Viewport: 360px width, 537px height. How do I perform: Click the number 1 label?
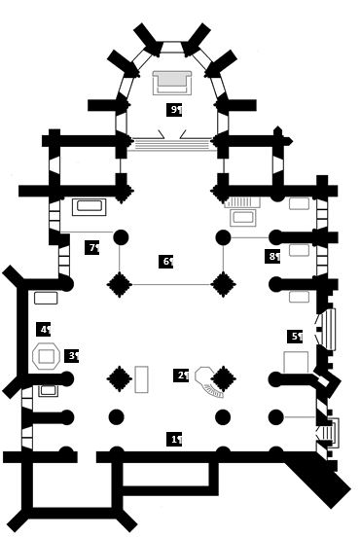point(175,440)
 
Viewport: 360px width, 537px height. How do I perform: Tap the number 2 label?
point(182,376)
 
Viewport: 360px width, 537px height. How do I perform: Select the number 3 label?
point(72,356)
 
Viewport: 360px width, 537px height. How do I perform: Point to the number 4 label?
point(44,330)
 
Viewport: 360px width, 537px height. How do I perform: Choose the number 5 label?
point(296,337)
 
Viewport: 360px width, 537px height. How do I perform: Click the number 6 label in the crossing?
point(166,261)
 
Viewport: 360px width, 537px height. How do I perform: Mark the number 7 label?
point(92,247)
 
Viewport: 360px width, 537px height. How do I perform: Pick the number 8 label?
point(272,257)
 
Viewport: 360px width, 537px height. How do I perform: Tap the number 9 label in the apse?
point(175,109)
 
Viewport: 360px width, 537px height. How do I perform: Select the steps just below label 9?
point(171,144)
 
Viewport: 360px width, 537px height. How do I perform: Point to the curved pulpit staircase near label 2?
point(208,384)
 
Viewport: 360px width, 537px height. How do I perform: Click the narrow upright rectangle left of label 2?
point(141,378)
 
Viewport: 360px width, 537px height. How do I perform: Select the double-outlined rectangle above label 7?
point(90,207)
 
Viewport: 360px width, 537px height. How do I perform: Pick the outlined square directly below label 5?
point(296,363)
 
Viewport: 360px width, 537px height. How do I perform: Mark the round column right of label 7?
point(122,236)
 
